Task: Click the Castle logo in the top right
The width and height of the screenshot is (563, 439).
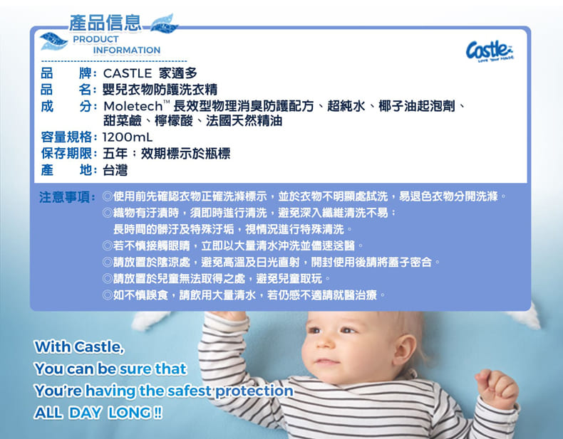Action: [490, 51]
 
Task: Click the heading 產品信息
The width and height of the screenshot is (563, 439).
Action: [105, 23]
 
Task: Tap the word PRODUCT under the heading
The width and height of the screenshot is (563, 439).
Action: [96, 39]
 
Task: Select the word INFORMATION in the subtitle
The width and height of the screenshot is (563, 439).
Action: [127, 51]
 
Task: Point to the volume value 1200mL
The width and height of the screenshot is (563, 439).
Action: [128, 137]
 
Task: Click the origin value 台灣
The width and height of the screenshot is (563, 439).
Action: [115, 170]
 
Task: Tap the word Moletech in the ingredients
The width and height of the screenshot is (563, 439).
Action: [133, 106]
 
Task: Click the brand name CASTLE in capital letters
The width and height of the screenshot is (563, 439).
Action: [128, 73]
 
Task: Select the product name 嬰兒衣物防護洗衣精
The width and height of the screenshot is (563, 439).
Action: [160, 89]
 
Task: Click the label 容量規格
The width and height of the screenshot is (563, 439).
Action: [66, 137]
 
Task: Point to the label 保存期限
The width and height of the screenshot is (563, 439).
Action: [66, 154]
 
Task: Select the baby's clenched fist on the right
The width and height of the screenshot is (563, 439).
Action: [497, 388]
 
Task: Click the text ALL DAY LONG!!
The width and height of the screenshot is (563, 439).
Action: [98, 413]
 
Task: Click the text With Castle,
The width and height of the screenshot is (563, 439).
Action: [79, 347]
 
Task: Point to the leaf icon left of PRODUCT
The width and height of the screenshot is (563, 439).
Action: [53, 41]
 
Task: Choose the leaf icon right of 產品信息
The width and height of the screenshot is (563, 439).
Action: [164, 24]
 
